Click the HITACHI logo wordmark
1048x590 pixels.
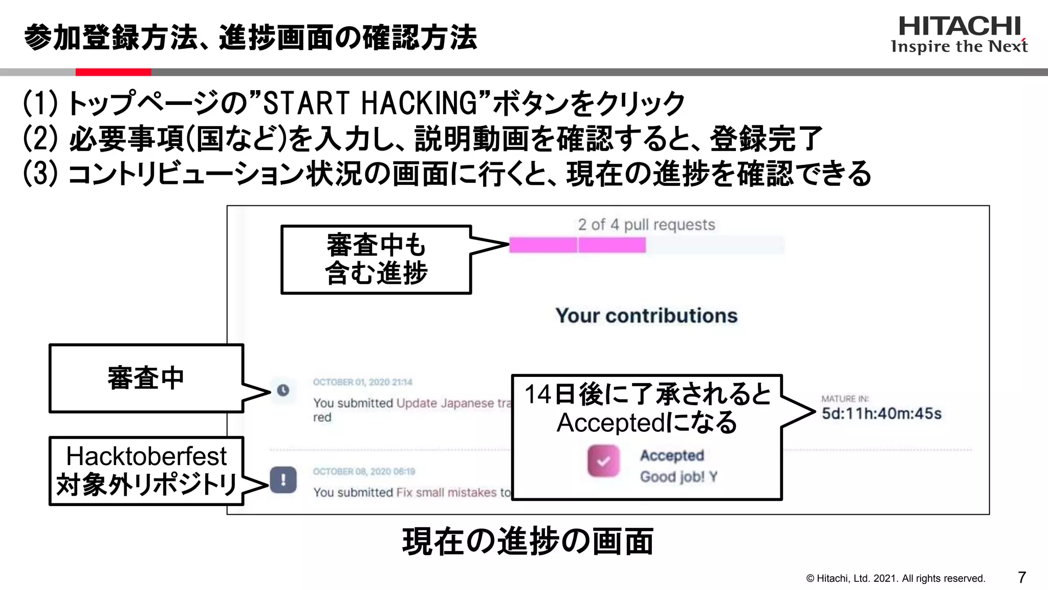point(959,26)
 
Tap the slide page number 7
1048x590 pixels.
point(1022,577)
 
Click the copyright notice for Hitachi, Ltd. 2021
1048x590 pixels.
point(896,578)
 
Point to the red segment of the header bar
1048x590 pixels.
point(113,72)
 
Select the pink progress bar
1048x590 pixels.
point(577,245)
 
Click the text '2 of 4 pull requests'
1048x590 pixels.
point(646,224)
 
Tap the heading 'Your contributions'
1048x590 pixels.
point(646,315)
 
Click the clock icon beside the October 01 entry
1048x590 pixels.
point(283,390)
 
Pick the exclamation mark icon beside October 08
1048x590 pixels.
point(283,480)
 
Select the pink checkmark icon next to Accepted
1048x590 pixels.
point(603,461)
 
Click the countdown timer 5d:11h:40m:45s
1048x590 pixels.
point(881,414)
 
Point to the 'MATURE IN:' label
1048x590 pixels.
point(845,398)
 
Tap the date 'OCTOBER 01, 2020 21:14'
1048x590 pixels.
point(362,382)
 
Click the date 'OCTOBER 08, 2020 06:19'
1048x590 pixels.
point(364,471)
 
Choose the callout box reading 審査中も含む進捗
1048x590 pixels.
point(376,260)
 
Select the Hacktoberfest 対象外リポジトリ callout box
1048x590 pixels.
point(146,471)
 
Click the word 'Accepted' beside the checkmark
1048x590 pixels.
point(672,455)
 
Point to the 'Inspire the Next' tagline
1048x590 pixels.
point(959,47)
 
